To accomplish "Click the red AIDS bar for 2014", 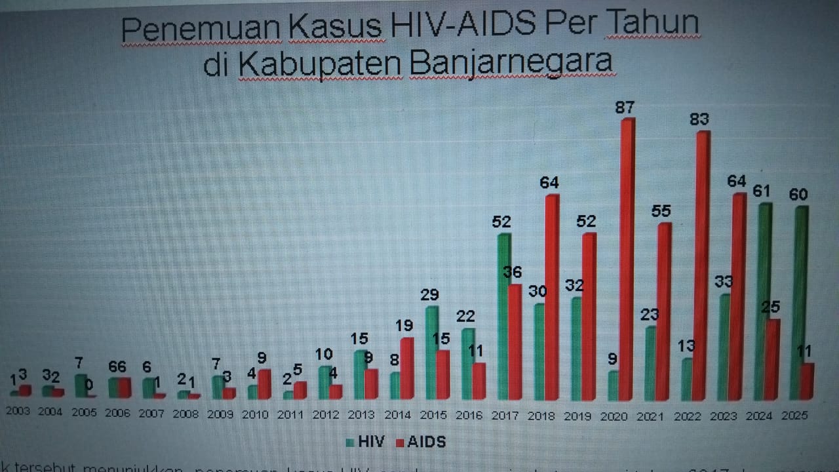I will (406, 368).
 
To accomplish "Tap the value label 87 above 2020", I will (625, 108).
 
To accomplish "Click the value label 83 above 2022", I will (699, 120).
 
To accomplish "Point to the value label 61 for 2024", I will (761, 191).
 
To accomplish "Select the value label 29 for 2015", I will (430, 294).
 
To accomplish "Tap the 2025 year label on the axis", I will (794, 415).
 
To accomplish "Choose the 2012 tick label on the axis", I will (327, 415).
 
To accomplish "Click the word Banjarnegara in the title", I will (511, 64).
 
